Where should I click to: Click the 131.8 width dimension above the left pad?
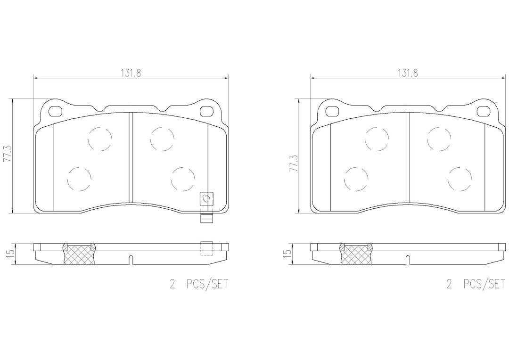pos(131,73)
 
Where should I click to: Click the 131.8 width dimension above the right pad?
pos(408,73)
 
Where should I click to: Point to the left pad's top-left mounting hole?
pos(55,111)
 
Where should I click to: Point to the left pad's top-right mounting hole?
pos(206,111)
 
